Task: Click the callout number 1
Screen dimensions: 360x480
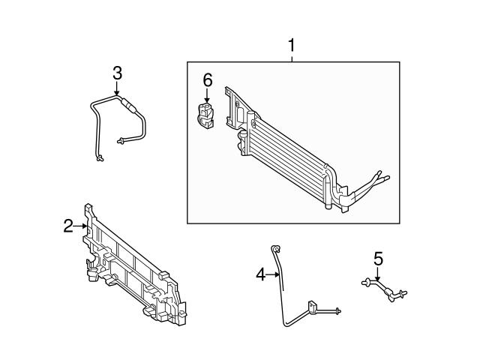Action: click(292, 46)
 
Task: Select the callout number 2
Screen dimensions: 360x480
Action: click(67, 225)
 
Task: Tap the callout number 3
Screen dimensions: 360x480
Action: click(117, 73)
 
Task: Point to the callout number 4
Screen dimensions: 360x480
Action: click(260, 275)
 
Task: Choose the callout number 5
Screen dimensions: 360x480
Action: click(378, 259)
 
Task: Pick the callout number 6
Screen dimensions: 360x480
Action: click(208, 79)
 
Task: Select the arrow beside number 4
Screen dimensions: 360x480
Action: click(274, 275)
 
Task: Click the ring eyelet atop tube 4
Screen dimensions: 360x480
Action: click(275, 249)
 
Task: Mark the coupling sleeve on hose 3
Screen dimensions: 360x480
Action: click(132, 106)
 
